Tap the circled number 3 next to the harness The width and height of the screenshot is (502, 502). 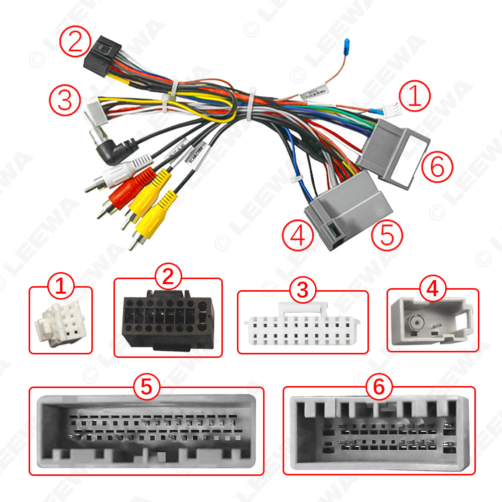[x=66, y=100]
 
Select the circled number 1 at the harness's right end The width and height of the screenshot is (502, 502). [x=415, y=97]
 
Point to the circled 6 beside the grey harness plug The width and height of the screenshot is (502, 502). [x=437, y=167]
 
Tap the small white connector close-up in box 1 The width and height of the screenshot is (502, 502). [x=56, y=323]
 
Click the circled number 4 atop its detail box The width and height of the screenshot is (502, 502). [x=433, y=289]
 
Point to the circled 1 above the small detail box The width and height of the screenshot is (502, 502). [x=60, y=288]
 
